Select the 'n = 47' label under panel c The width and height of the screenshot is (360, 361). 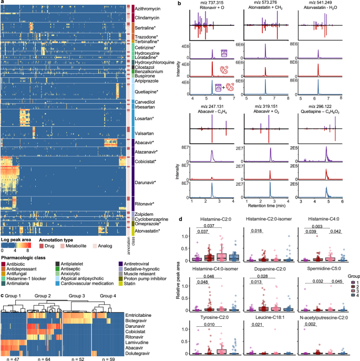[13, 358]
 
